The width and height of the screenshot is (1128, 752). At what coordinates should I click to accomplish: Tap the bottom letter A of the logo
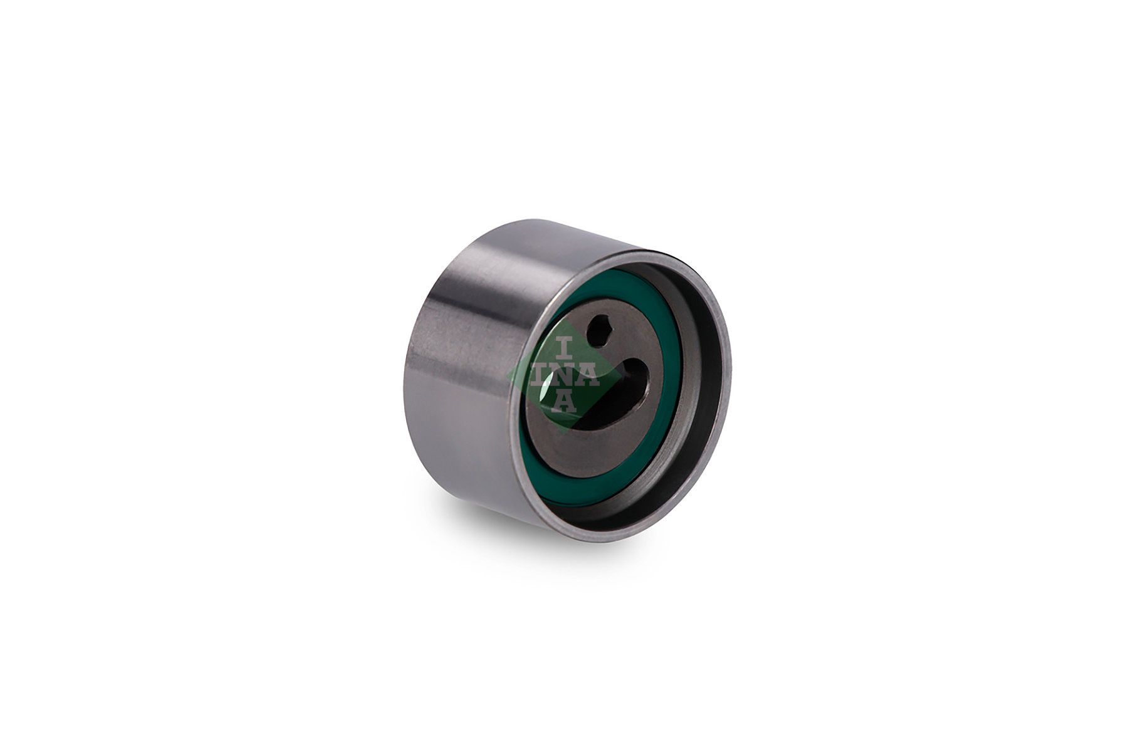pos(565,401)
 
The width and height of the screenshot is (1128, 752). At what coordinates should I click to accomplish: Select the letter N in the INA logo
pos(564,375)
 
